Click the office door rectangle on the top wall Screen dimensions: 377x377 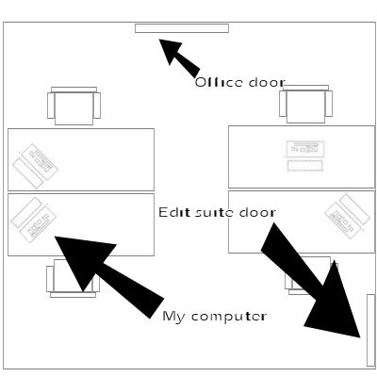(x=182, y=28)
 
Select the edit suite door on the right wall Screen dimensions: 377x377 (x=370, y=330)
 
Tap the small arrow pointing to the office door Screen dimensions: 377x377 (x=179, y=57)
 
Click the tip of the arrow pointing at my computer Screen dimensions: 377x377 (x=56, y=237)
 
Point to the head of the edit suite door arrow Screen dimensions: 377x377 (x=360, y=337)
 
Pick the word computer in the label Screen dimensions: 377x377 (x=229, y=317)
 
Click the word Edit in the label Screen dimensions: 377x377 (x=174, y=212)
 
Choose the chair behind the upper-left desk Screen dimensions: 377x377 (x=74, y=106)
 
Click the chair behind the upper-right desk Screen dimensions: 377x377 (x=305, y=104)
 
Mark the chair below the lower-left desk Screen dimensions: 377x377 (x=73, y=278)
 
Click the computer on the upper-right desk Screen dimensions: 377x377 (x=305, y=156)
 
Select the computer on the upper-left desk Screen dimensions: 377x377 (x=35, y=166)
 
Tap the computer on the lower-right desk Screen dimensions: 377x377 (x=347, y=216)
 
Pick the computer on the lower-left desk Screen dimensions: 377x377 (x=34, y=220)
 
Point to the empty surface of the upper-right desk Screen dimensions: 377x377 (x=256, y=157)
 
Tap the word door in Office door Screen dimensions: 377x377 (x=267, y=83)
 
